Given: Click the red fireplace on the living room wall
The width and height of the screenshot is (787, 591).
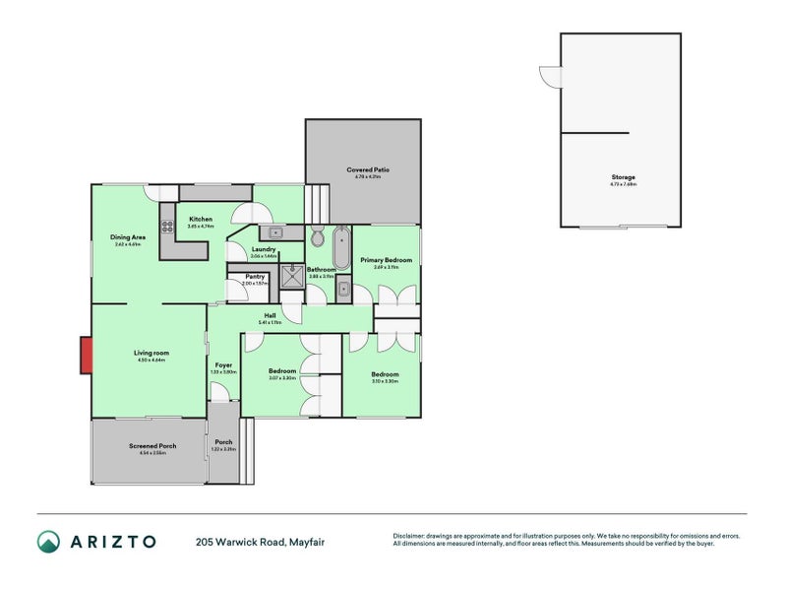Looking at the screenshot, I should click(86, 356).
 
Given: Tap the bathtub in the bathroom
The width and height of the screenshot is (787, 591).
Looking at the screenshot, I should click(341, 247).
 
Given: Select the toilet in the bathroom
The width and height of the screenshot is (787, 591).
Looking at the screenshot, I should click(317, 238).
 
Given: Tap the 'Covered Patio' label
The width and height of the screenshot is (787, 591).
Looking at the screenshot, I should click(368, 169).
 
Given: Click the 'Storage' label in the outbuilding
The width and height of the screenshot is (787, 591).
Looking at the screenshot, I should click(623, 177).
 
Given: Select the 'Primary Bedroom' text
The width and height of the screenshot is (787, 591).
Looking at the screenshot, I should click(386, 260).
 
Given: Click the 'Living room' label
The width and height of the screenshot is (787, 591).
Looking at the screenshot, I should click(152, 353).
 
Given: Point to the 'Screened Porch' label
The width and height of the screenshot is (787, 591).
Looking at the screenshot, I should click(152, 446).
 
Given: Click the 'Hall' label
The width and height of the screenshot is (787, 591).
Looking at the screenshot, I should click(270, 315).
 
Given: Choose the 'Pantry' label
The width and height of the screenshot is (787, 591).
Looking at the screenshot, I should click(255, 277).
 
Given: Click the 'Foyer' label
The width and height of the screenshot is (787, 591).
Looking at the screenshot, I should click(223, 364).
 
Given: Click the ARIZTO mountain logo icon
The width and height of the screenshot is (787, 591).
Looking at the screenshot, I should click(48, 541).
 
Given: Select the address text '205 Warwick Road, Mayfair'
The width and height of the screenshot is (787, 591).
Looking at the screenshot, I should click(260, 541).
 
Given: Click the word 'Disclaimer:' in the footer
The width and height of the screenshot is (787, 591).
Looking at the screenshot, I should click(411, 536).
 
